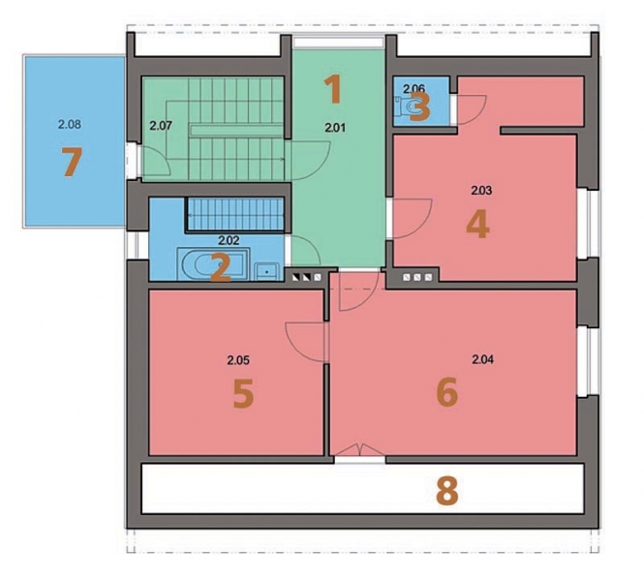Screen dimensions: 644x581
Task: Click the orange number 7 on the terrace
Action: [x=72, y=162]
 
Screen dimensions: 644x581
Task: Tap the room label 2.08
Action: [x=70, y=124]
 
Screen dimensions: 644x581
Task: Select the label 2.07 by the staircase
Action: [x=160, y=126]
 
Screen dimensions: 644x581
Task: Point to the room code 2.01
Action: [x=335, y=128]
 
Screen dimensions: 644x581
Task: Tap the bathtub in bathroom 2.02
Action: [x=213, y=264]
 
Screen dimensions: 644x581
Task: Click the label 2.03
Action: [x=481, y=191]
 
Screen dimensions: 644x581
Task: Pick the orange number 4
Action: [x=477, y=225]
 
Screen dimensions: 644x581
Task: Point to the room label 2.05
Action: [x=238, y=360]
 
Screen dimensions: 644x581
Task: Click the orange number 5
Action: [x=243, y=394]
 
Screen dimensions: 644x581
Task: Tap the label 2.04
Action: [x=483, y=359]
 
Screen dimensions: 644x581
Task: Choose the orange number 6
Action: [x=446, y=392]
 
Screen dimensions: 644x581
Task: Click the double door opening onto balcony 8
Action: [x=360, y=450]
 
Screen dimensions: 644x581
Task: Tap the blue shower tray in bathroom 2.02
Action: [x=235, y=213]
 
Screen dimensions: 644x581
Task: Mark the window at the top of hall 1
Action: [x=338, y=42]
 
